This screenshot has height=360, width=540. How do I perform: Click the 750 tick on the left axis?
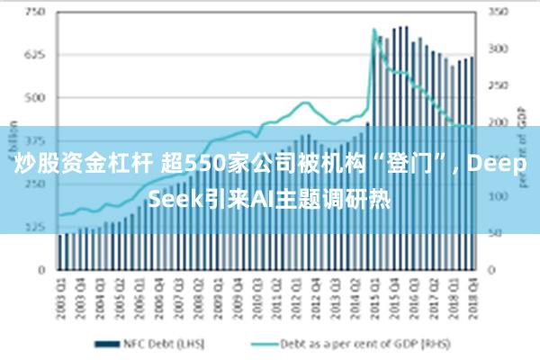coord(37,13)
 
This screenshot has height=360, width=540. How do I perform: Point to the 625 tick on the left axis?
coord(37,55)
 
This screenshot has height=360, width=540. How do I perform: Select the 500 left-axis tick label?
coord(37,97)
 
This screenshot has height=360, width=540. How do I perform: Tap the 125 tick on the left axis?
coord(37,226)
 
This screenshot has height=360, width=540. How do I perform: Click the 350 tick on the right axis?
coord(497,13)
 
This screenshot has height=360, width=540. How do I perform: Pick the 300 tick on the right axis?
coord(497,49)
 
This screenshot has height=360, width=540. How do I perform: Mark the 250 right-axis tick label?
coord(497,86)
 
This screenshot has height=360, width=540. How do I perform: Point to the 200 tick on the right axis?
coord(497,122)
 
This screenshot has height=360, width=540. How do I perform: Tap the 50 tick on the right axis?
coord(497,233)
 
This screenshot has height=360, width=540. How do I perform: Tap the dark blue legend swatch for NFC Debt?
coord(108,343)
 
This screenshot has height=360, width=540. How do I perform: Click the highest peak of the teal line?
coord(373,30)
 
